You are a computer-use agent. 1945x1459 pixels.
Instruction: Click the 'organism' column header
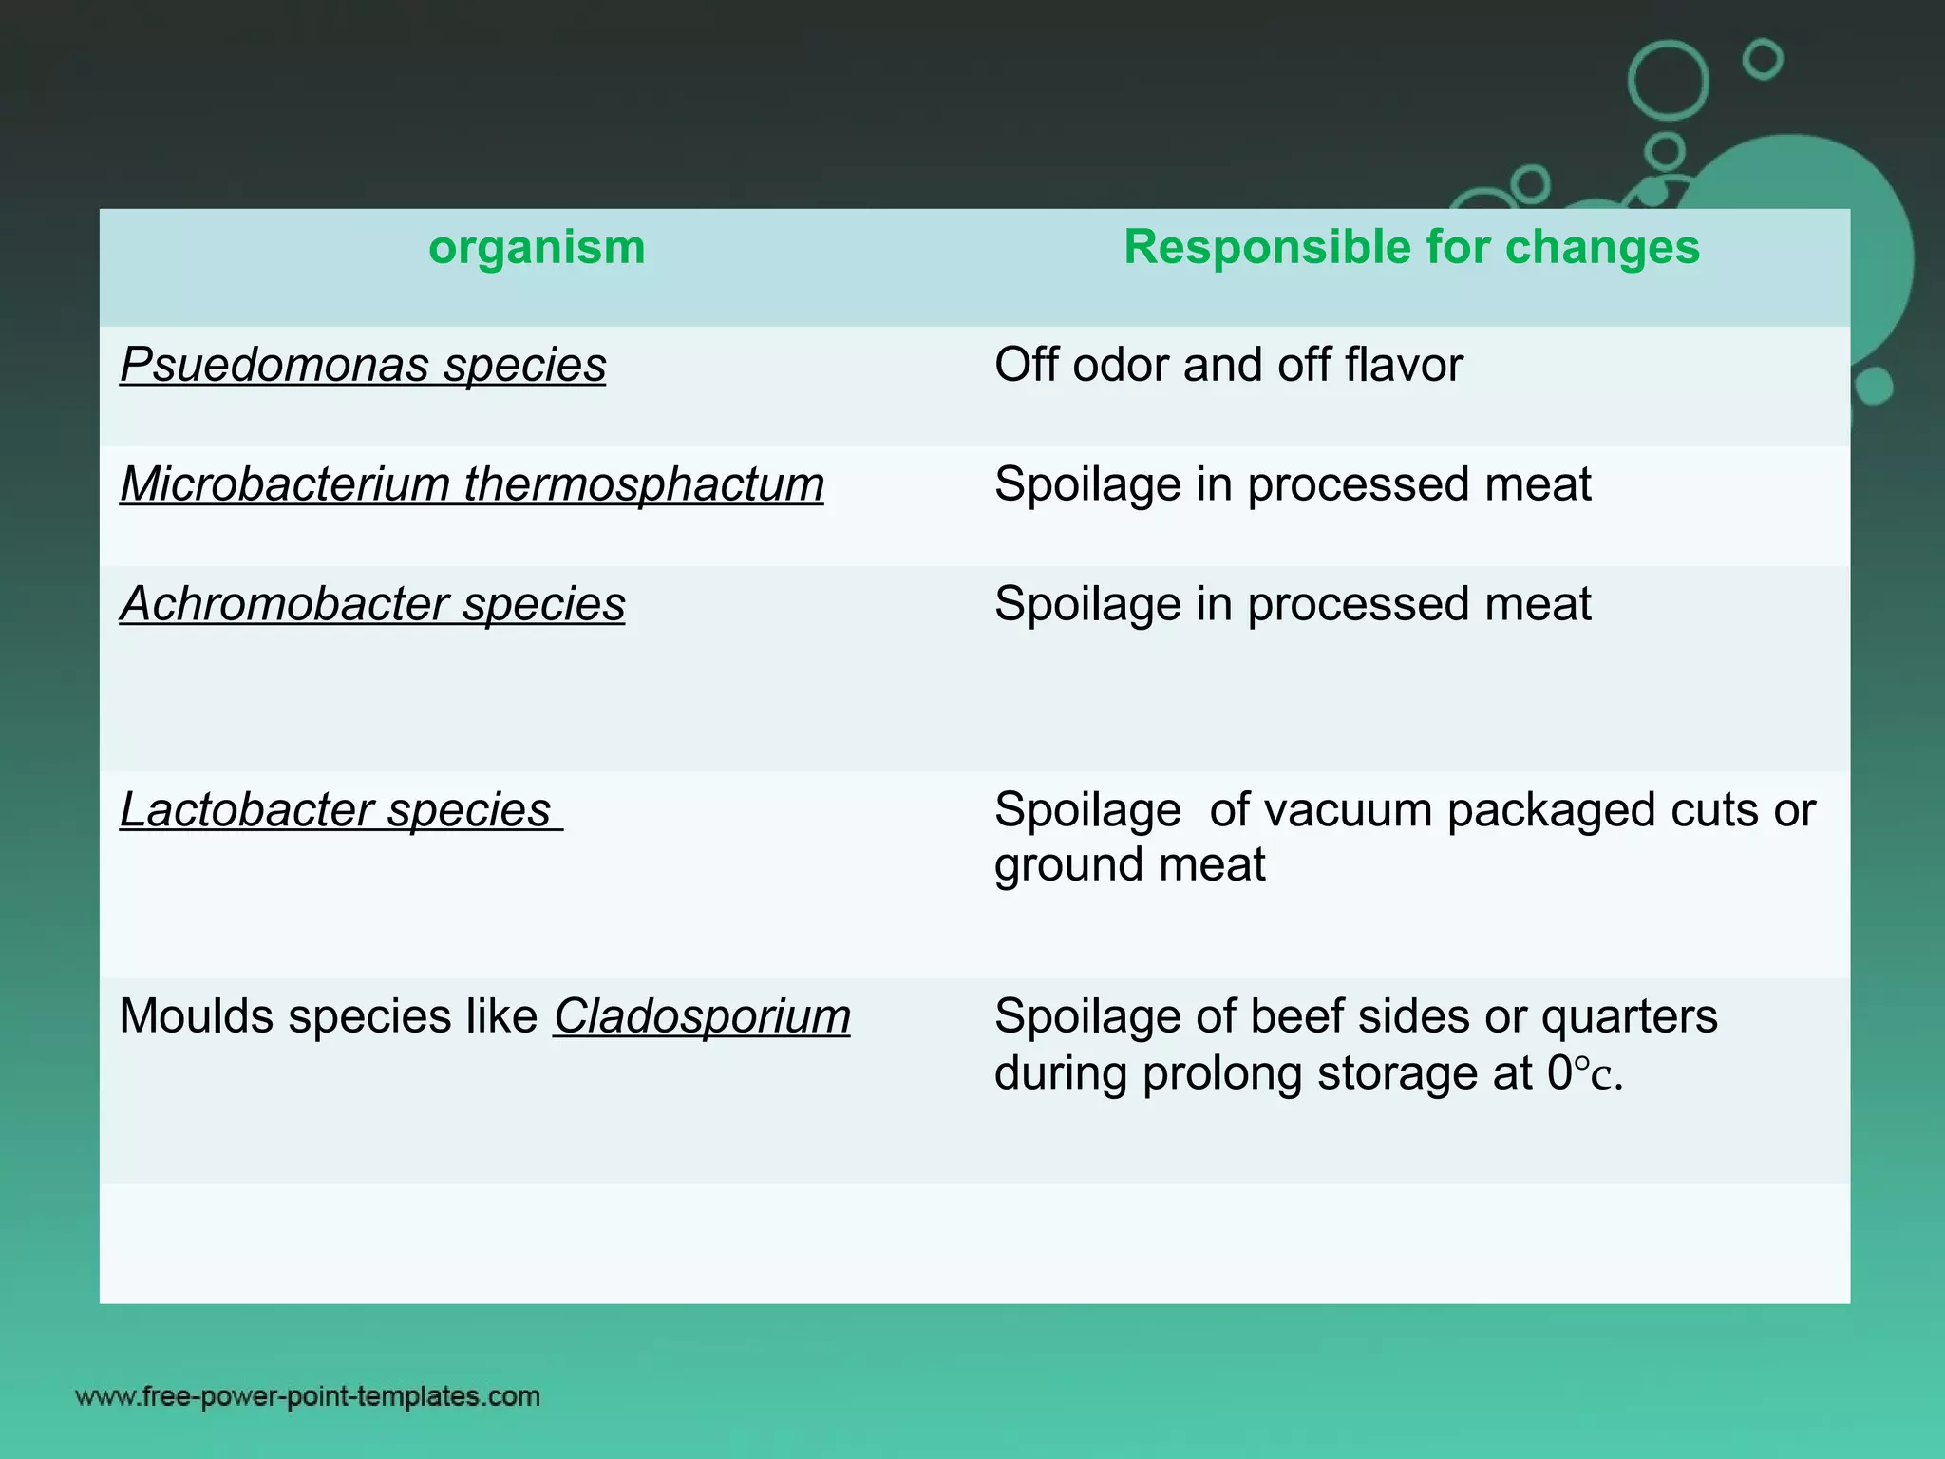coord(537,248)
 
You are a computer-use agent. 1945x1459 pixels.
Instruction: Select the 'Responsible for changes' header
coord(1411,248)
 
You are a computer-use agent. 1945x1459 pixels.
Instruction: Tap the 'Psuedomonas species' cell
coord(363,366)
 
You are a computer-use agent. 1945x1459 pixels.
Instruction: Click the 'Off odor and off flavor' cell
coord(1228,366)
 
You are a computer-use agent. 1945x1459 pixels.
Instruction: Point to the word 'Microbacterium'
coord(284,484)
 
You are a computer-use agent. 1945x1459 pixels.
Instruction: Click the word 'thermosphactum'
coord(644,484)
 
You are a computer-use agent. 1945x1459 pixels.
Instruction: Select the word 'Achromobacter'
coord(284,604)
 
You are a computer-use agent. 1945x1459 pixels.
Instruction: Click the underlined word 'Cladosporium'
coord(702,1016)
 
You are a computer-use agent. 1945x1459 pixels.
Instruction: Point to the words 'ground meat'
coord(1129,865)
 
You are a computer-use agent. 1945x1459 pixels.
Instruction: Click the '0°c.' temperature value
coord(1584,1073)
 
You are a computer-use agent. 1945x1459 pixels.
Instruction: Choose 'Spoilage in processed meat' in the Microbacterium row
coord(1292,484)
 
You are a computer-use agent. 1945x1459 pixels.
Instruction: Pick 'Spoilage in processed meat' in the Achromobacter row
coord(1292,604)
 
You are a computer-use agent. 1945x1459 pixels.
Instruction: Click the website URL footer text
coord(308,1396)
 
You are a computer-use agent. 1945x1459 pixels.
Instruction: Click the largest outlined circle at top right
coord(1668,81)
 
